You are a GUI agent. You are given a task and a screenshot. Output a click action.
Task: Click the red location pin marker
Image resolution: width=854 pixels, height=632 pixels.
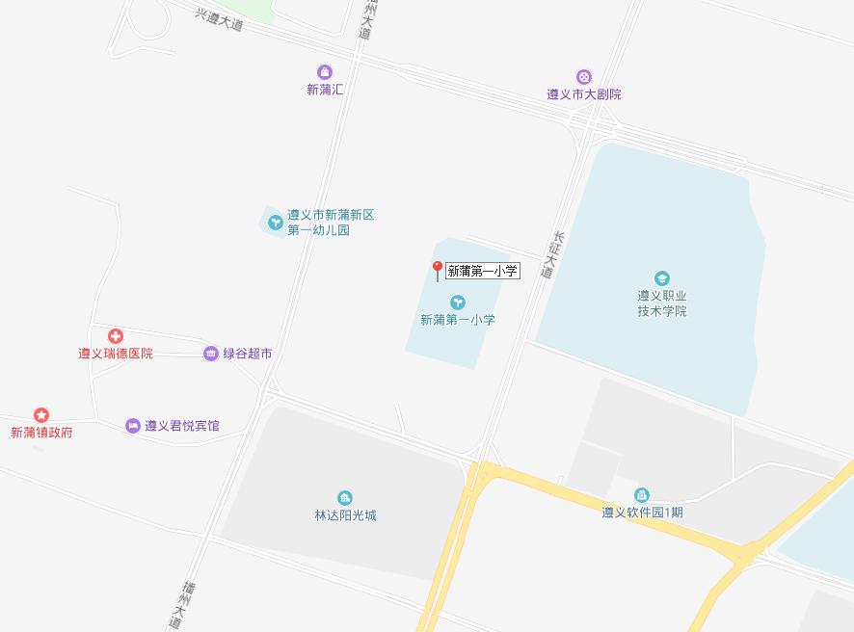pyautogui.click(x=437, y=270)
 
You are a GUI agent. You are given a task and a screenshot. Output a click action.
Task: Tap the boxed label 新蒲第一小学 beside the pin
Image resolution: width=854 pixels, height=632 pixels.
pyautogui.click(x=483, y=272)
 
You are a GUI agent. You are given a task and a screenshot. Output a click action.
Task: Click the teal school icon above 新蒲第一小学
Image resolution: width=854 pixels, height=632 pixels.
pyautogui.click(x=458, y=303)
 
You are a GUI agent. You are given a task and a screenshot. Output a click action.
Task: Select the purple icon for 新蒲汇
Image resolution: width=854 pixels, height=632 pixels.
pyautogui.click(x=325, y=72)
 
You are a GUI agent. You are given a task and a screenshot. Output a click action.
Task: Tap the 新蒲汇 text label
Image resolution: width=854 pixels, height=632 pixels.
pyautogui.click(x=325, y=90)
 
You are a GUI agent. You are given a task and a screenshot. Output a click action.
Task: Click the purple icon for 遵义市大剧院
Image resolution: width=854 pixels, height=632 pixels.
pyautogui.click(x=583, y=77)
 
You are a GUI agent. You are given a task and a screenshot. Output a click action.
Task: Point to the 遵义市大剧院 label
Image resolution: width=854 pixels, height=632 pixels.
pyautogui.click(x=583, y=94)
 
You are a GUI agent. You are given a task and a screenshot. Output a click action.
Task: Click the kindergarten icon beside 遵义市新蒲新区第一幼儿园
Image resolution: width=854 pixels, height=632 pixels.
pyautogui.click(x=275, y=223)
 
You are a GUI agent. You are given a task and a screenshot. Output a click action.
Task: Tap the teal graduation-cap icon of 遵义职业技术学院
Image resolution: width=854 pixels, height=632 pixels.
pyautogui.click(x=662, y=279)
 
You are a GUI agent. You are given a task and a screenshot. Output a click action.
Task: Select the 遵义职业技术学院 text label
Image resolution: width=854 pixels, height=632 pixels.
pyautogui.click(x=662, y=303)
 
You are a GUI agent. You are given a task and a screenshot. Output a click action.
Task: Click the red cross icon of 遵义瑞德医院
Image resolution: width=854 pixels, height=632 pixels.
pyautogui.click(x=116, y=336)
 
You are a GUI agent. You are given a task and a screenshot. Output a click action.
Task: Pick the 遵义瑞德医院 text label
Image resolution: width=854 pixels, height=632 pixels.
pyautogui.click(x=116, y=354)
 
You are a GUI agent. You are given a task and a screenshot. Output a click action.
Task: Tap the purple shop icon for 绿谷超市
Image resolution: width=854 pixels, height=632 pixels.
pyautogui.click(x=210, y=354)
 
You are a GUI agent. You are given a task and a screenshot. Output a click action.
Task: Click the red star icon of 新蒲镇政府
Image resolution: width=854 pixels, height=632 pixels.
pyautogui.click(x=41, y=415)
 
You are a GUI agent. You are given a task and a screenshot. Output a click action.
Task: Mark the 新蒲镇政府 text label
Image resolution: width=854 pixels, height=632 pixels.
pyautogui.click(x=41, y=433)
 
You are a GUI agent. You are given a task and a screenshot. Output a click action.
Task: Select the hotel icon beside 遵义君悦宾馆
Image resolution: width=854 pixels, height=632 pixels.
pyautogui.click(x=132, y=426)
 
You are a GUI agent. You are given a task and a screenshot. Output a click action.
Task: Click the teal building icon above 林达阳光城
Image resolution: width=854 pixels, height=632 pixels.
pyautogui.click(x=345, y=498)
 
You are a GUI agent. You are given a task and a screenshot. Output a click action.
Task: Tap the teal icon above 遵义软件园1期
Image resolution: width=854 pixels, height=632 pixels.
pyautogui.click(x=642, y=495)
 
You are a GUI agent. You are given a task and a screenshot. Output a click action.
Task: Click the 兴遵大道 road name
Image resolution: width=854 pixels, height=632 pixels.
pyautogui.click(x=219, y=20)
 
